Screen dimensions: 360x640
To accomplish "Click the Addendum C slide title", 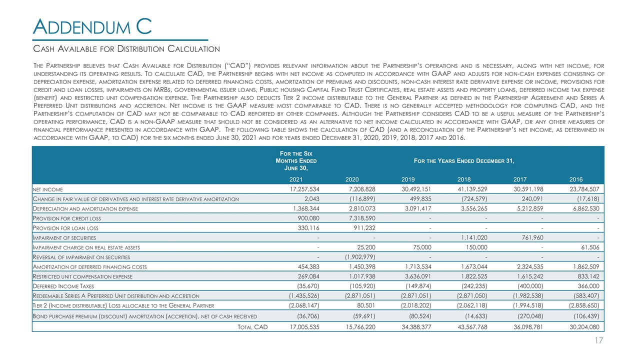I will coord(92,26).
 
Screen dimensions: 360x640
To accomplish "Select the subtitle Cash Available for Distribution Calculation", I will coord(126,49).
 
